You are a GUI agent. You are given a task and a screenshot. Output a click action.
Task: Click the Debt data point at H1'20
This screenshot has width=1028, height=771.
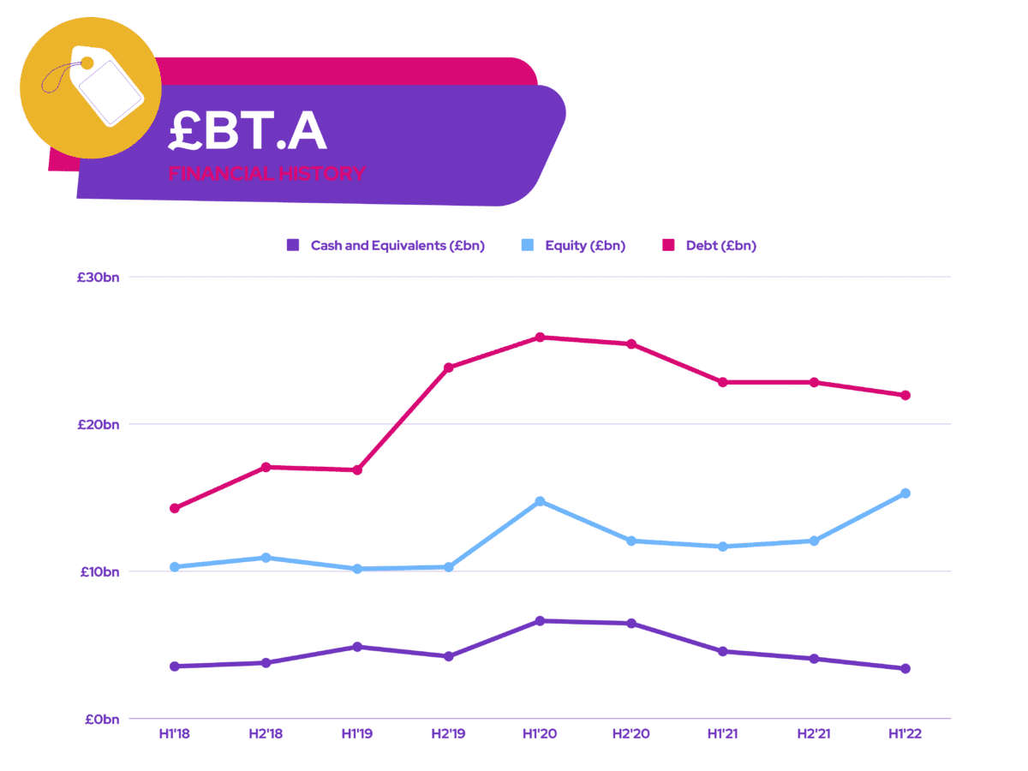tap(540, 337)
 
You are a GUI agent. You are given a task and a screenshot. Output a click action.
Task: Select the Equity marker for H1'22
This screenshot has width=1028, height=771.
tap(905, 493)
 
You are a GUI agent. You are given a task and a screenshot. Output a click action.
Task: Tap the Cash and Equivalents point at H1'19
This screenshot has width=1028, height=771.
tap(357, 647)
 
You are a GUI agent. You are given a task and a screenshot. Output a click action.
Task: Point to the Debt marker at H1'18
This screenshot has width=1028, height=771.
tap(175, 508)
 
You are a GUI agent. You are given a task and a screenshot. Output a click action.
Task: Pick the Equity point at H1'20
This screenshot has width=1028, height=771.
tap(540, 501)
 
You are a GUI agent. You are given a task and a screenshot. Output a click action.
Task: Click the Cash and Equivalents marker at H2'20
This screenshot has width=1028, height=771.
tap(631, 624)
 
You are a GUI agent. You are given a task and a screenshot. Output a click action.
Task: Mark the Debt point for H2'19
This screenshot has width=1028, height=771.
tap(448, 368)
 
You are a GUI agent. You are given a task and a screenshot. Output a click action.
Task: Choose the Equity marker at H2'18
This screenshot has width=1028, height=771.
tap(266, 558)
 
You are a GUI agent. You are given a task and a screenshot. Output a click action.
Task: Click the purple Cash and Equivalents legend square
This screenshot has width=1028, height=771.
tap(293, 245)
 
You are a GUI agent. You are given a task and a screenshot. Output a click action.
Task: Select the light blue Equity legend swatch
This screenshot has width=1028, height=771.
tap(528, 245)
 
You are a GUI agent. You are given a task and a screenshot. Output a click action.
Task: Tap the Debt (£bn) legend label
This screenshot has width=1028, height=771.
tap(720, 246)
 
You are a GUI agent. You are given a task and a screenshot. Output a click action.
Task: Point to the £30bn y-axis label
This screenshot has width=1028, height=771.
tap(98, 277)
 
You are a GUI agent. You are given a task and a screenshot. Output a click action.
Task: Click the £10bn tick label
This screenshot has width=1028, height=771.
tap(99, 571)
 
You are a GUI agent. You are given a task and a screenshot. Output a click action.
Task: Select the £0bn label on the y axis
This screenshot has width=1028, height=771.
tap(102, 719)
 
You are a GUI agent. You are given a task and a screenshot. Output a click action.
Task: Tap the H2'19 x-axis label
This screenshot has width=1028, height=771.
tap(448, 733)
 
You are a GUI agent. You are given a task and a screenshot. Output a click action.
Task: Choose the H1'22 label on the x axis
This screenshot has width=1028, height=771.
tap(905, 733)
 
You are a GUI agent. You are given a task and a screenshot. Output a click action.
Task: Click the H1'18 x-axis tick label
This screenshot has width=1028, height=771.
tap(174, 733)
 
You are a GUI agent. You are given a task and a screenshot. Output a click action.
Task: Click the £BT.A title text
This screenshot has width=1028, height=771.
tap(248, 130)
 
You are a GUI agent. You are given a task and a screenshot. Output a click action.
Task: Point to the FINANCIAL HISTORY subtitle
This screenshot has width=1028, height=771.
tap(266, 174)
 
